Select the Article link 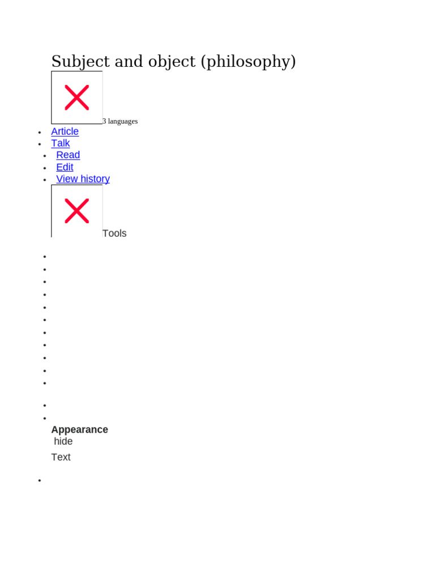click(x=65, y=131)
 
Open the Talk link click(x=61, y=143)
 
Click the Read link click(x=68, y=155)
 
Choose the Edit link click(x=65, y=167)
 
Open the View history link click(x=83, y=179)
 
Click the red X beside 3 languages click(x=77, y=97)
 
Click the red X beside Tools click(x=77, y=211)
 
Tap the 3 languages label click(x=120, y=121)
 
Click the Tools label click(x=114, y=233)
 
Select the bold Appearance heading click(x=79, y=429)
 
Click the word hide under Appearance click(x=63, y=441)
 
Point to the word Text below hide click(x=61, y=457)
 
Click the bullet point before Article click(x=40, y=133)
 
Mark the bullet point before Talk click(x=40, y=144)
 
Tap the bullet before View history click(x=45, y=180)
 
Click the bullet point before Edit click(x=45, y=168)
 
